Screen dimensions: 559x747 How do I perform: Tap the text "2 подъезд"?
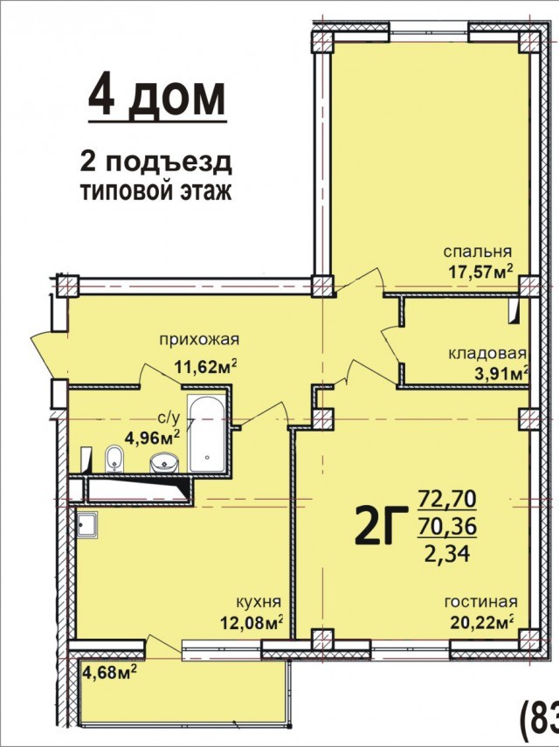156,163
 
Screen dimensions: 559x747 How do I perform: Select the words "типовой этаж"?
156,192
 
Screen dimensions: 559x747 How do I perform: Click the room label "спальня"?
477,252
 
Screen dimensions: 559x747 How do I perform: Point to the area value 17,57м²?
480,272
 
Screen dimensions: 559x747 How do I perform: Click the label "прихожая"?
198,340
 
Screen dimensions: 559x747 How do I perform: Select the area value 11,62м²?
206,367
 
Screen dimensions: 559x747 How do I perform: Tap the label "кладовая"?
487,354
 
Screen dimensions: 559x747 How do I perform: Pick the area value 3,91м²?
500,374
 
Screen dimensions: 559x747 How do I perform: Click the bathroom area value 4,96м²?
152,437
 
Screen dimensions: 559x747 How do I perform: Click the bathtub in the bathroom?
207,433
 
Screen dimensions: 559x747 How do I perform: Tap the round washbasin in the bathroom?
164,462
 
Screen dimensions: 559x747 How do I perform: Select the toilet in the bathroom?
114,459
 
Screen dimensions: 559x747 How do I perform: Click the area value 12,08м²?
252,622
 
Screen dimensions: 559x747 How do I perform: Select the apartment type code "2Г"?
382,525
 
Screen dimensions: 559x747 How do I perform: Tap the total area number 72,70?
447,500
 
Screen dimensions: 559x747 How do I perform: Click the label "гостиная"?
480,602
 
